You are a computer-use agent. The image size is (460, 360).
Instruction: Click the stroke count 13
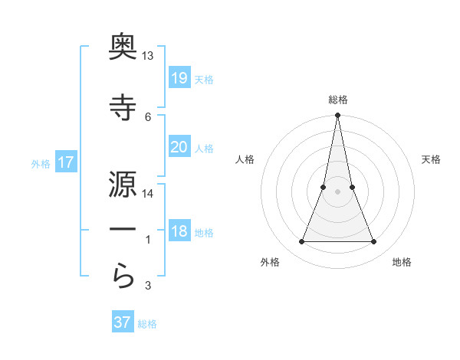point(148,56)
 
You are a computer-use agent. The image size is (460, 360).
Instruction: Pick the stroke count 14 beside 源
point(148,194)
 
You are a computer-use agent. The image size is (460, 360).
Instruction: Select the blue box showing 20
point(179,147)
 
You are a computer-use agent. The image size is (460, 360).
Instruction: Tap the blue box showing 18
point(179,231)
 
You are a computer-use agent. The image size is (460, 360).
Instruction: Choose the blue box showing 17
point(65,162)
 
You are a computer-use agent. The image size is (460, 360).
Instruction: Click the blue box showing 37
point(123,322)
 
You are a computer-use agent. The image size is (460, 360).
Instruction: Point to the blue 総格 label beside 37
point(147,324)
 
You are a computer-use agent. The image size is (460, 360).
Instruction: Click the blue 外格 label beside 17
point(41,163)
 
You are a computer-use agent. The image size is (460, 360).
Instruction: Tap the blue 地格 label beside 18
point(204,233)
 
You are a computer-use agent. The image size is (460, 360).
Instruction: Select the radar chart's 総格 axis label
point(338,100)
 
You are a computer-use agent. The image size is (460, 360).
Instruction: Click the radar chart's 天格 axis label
point(431,159)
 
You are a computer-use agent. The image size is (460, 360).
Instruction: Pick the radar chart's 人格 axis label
point(245,159)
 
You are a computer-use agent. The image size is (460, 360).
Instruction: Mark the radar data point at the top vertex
point(337,116)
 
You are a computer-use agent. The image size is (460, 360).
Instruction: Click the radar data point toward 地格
point(374,242)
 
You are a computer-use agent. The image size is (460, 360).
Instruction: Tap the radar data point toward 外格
point(301,242)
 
